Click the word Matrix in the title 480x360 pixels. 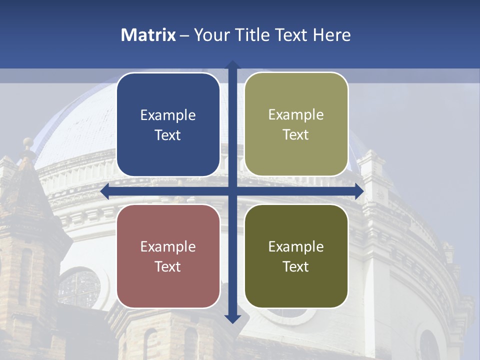[148, 35]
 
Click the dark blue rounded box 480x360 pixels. [168, 124]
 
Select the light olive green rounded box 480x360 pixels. [296, 124]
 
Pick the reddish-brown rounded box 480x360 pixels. [168, 255]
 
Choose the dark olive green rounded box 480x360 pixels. [296, 255]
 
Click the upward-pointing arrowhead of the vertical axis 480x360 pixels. [232, 65]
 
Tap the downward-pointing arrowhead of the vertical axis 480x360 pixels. [232, 318]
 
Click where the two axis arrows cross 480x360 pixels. [232, 191]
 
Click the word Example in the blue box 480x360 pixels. [168, 115]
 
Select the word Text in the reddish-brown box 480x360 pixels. [168, 266]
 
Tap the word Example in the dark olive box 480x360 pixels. [296, 246]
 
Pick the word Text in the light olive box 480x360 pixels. [296, 135]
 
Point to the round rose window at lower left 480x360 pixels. [79, 288]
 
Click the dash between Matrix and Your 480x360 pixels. [184, 35]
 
